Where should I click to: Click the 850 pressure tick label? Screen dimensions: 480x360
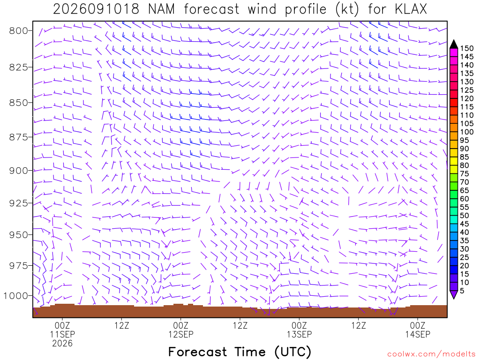point(18,103)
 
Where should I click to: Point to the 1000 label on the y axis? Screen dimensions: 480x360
point(15,296)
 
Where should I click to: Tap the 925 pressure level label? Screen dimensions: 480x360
point(18,202)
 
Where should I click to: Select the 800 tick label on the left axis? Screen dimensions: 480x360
point(18,30)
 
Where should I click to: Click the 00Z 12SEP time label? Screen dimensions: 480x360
point(180,330)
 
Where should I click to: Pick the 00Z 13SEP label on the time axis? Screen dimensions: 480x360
point(299,330)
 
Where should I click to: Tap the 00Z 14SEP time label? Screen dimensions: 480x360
point(418,330)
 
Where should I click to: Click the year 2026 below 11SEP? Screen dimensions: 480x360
point(62,343)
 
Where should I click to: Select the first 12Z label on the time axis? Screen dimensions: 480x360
point(121,325)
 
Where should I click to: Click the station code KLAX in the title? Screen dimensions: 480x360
point(411,9)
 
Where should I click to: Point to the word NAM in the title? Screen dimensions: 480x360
point(161,9)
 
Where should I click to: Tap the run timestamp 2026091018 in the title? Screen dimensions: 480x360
point(96,9)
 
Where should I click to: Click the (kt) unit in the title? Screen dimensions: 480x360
point(347,9)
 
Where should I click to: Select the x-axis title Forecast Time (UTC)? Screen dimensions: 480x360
point(240,352)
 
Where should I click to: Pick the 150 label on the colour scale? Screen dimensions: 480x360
point(467,48)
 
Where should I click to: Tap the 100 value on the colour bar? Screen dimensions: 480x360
point(467,132)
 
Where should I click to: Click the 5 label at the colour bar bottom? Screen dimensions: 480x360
point(462,291)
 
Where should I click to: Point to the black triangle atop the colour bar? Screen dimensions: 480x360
point(454,44)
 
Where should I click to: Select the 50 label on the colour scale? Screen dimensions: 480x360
point(465,216)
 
